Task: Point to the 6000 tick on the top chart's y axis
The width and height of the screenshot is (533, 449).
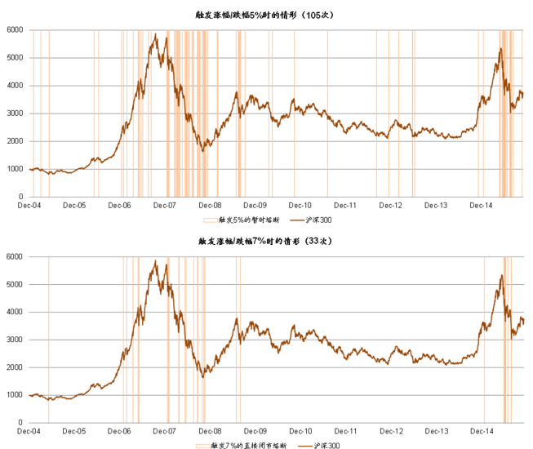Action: [x=16, y=30]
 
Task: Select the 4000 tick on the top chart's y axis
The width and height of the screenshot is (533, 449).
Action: [x=16, y=86]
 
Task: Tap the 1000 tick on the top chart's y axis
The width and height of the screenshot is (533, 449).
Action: [x=16, y=169]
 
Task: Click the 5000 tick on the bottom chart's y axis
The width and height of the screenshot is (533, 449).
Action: [x=16, y=284]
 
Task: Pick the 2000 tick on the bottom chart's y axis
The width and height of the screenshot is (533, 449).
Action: [x=16, y=367]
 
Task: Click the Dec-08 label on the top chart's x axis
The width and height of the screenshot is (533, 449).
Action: [x=211, y=205]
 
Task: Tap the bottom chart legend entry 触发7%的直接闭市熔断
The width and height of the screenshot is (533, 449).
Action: [x=244, y=445]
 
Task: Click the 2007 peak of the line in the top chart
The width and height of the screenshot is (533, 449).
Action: [x=155, y=34]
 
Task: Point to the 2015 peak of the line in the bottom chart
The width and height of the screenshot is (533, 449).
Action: [x=500, y=275]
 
